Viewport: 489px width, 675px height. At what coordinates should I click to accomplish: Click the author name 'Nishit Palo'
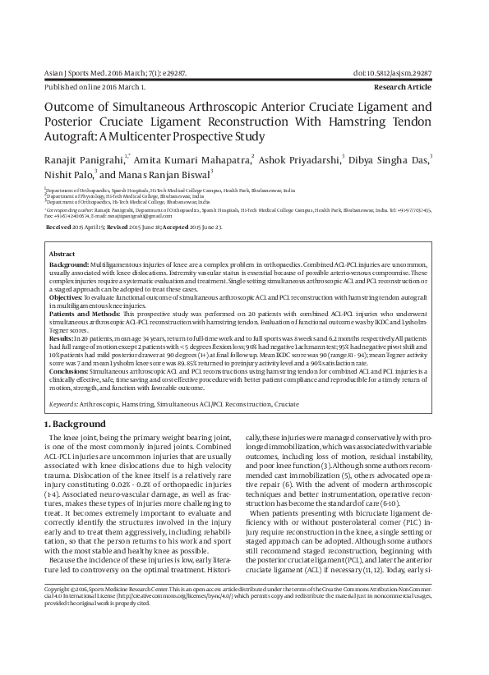click(x=67, y=174)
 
